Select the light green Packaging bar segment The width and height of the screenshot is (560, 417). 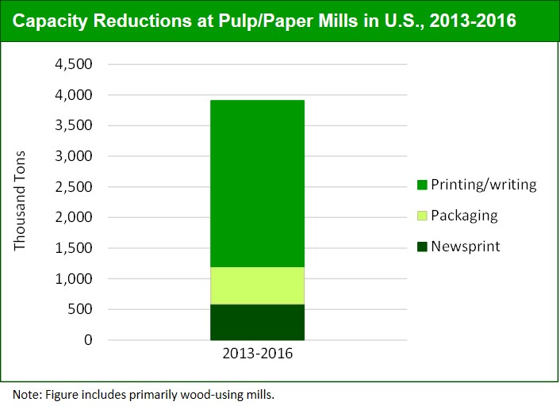click(x=256, y=285)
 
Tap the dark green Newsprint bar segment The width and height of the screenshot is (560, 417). click(x=256, y=322)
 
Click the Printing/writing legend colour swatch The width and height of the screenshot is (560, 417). click(x=422, y=186)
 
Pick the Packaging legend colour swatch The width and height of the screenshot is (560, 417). click(x=422, y=216)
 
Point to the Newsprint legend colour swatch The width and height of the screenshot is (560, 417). click(x=422, y=247)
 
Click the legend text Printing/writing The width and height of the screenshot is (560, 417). click(x=483, y=186)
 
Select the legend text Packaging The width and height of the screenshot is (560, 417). click(x=464, y=216)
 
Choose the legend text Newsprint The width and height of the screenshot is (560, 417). click(x=466, y=247)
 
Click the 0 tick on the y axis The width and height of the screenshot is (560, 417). click(x=89, y=341)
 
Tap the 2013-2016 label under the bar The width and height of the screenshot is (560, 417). click(x=256, y=354)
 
